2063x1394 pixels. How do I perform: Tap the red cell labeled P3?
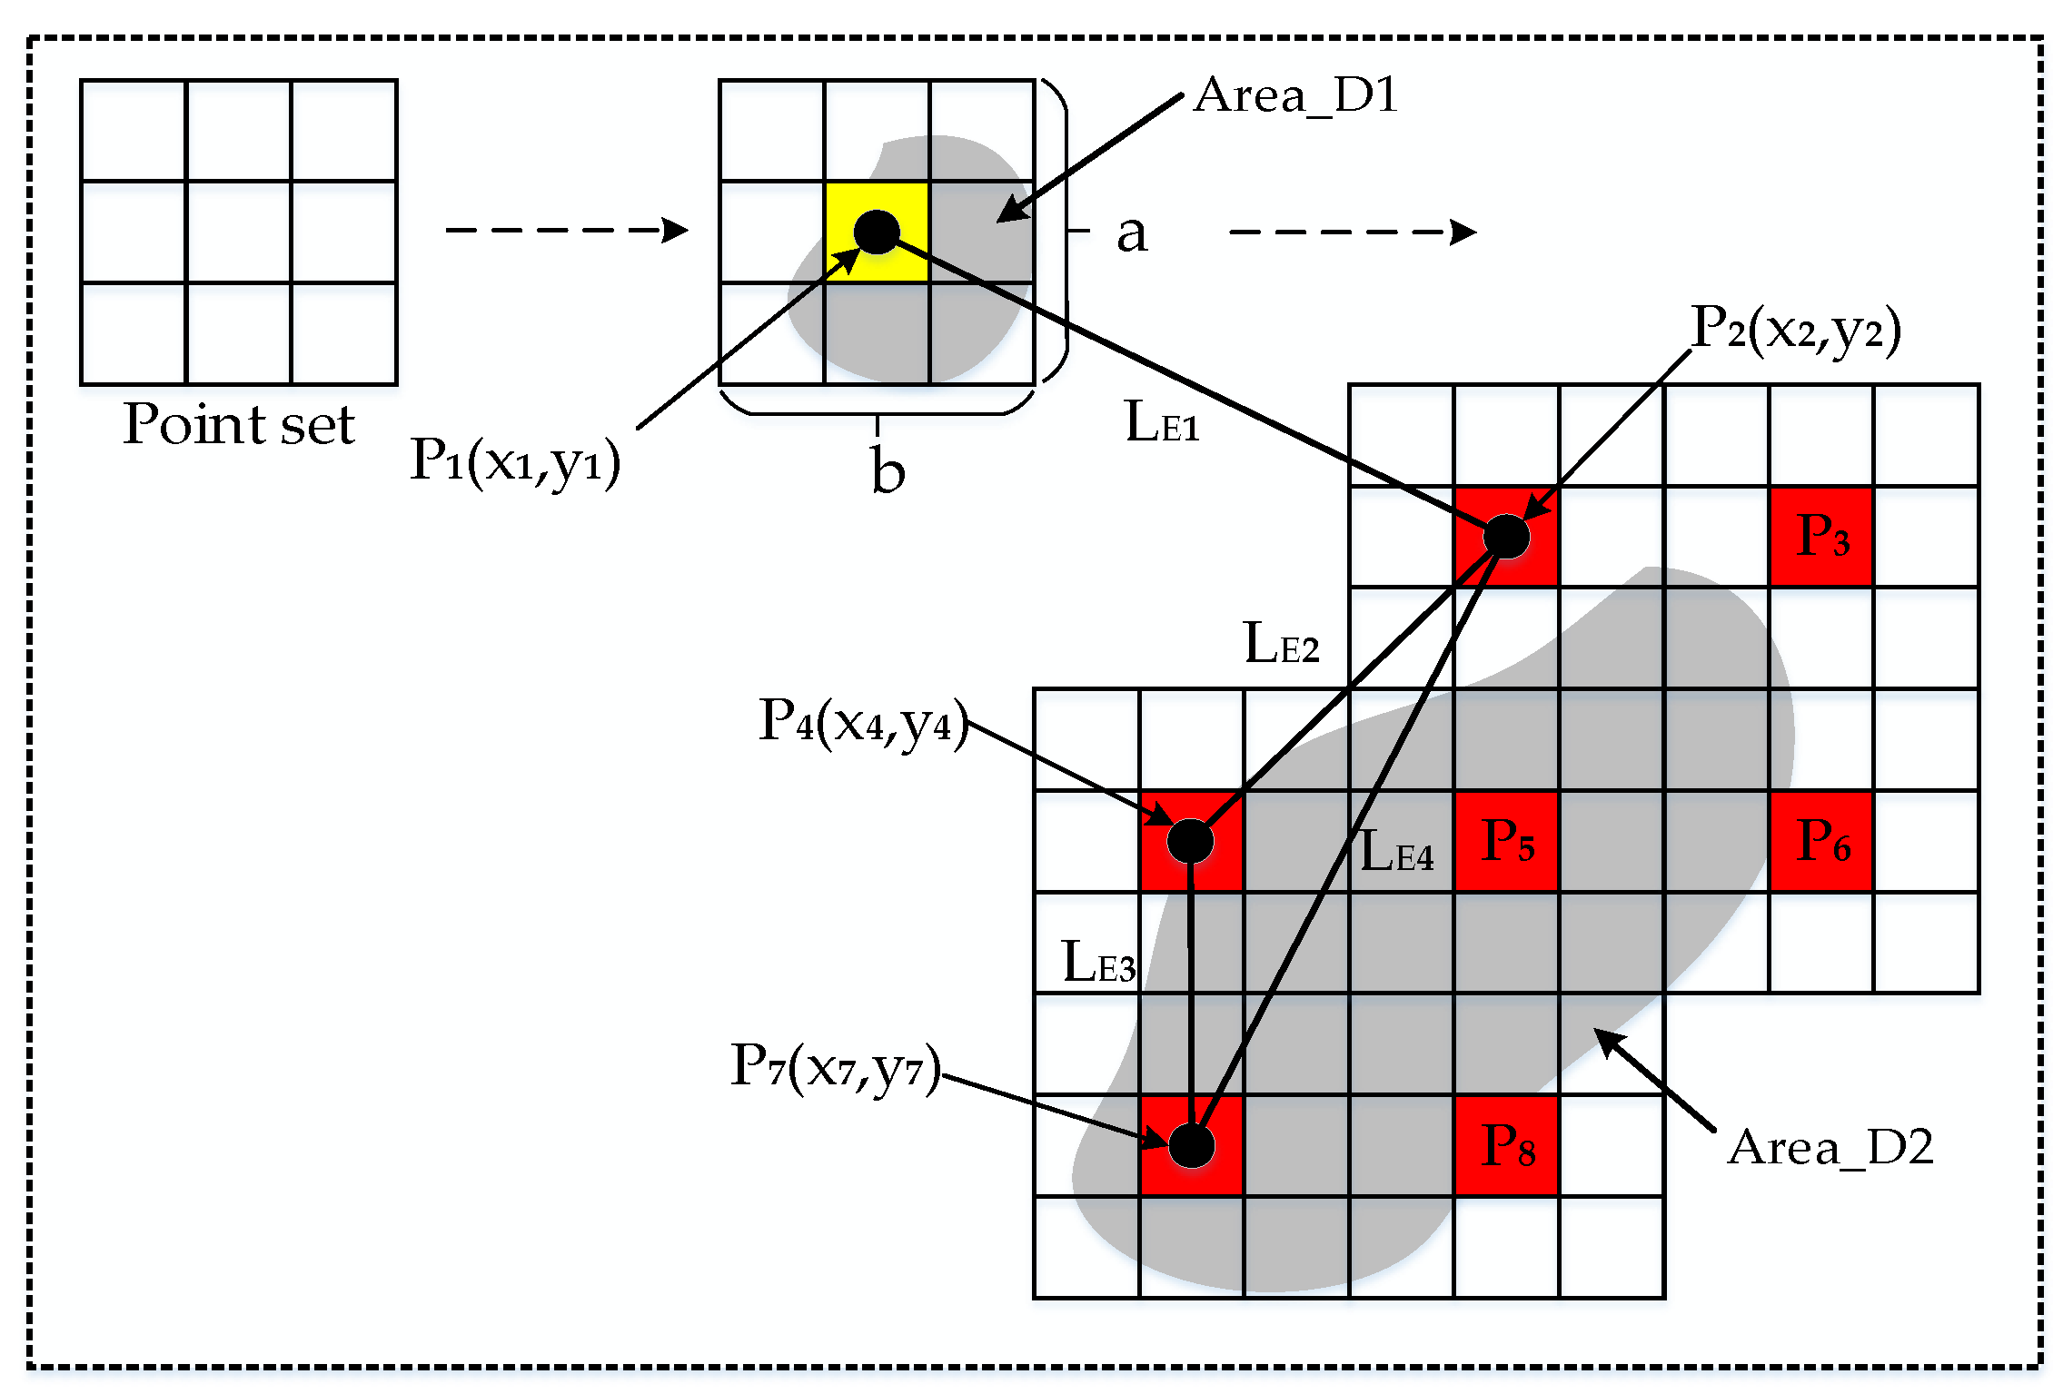point(1820,536)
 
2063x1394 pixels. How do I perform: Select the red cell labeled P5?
point(1506,841)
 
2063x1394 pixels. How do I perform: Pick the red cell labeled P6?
point(1820,841)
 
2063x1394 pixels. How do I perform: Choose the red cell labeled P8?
point(1506,1145)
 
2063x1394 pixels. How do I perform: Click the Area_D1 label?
point(1296,96)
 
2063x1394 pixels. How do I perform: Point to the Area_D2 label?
point(1830,1148)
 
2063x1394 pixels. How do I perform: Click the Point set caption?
point(238,424)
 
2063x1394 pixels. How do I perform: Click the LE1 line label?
point(1162,423)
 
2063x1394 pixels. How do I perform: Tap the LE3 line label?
point(1098,964)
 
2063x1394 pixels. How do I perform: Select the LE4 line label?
point(1396,853)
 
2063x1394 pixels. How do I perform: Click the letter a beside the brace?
point(1132,234)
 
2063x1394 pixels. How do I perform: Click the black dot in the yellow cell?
point(877,232)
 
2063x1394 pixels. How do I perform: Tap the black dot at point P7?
point(1191,1145)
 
